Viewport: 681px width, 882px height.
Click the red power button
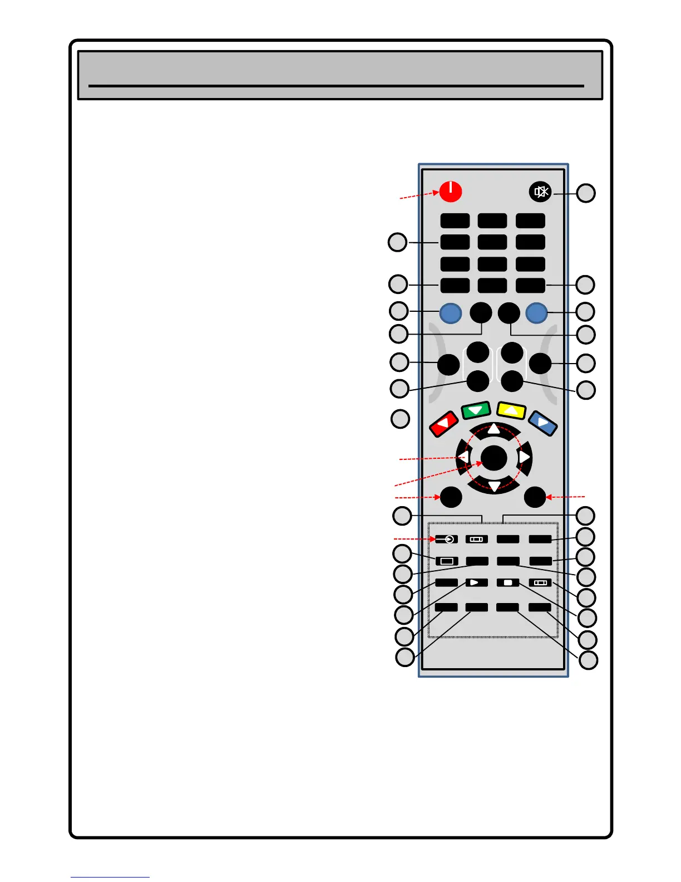click(x=450, y=191)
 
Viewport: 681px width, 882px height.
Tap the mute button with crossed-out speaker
click(x=540, y=192)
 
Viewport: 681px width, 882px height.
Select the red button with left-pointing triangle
click(x=443, y=425)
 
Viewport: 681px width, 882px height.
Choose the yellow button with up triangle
click(x=511, y=410)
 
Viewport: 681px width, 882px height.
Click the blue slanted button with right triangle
click(x=542, y=423)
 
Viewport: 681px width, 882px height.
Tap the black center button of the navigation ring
click(x=494, y=458)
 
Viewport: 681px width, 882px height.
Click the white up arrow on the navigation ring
click(x=494, y=429)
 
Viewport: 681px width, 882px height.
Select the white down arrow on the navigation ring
click(x=494, y=487)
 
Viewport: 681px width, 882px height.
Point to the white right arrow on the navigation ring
click(x=524, y=457)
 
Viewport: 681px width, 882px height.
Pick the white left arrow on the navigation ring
click(x=463, y=458)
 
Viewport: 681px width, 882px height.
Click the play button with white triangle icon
click(x=476, y=582)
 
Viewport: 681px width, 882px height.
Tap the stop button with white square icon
click(x=507, y=582)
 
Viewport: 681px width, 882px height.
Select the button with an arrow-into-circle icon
click(x=446, y=539)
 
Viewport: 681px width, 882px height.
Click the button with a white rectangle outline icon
click(x=446, y=561)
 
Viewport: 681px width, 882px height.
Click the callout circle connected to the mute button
click(x=585, y=193)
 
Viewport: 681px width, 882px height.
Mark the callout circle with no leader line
click(x=400, y=419)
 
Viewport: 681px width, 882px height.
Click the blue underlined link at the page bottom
click(x=110, y=877)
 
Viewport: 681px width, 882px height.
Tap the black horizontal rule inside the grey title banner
click(x=336, y=86)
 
